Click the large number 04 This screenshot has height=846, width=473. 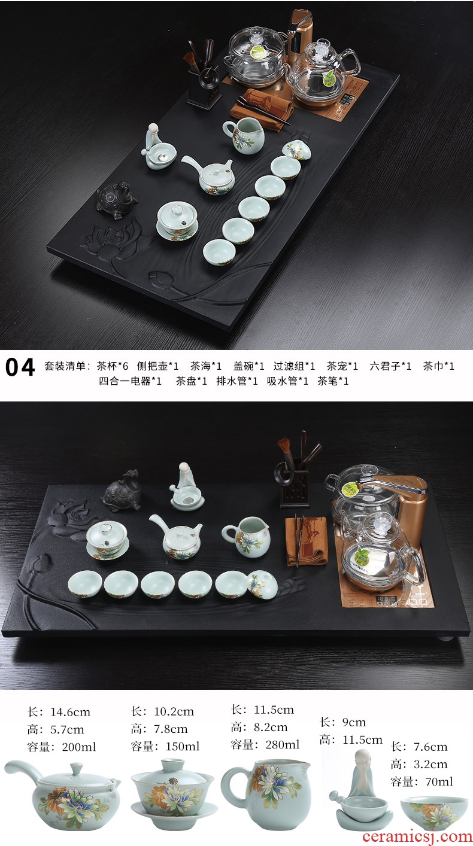click(x=20, y=367)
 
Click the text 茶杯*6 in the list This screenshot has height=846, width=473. click(x=113, y=366)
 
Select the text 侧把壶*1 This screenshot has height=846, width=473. click(x=157, y=366)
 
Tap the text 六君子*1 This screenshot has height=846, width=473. click(x=390, y=366)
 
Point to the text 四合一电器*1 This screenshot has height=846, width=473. click(x=130, y=381)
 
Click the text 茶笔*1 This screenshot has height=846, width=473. click(x=333, y=381)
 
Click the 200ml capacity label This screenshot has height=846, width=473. click(x=62, y=747)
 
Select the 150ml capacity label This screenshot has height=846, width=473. click(x=165, y=746)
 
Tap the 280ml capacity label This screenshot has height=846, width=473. click(x=265, y=744)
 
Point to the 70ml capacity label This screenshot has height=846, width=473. click(x=422, y=781)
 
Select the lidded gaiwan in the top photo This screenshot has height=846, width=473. click(x=177, y=221)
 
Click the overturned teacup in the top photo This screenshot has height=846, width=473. click(x=297, y=150)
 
